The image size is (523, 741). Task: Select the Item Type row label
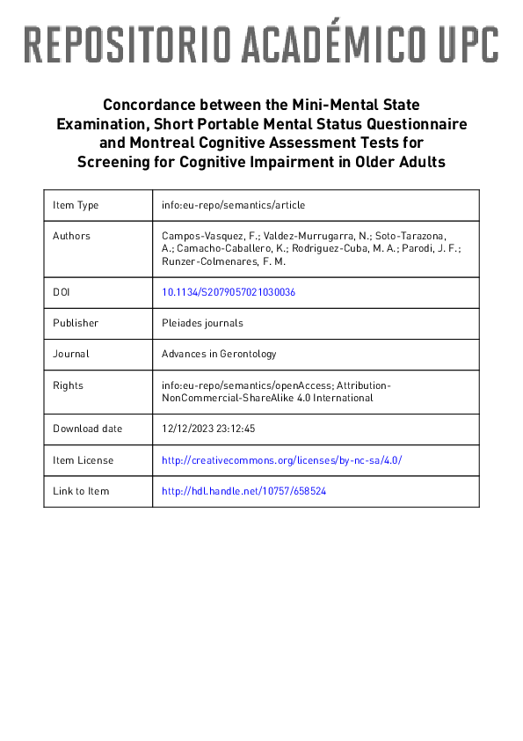click(76, 205)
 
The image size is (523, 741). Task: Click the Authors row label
click(71, 236)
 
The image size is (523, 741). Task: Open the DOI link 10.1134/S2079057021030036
click(229, 291)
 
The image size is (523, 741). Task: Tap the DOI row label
click(61, 291)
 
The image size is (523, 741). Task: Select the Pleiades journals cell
click(202, 323)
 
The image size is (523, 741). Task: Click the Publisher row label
click(76, 323)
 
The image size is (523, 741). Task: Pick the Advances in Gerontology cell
click(219, 354)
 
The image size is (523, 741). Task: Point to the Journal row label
click(71, 354)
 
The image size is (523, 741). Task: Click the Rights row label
click(68, 385)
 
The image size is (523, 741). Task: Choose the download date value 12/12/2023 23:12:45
click(208, 429)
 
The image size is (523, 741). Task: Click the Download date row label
click(87, 429)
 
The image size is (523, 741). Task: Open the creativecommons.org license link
click(281, 460)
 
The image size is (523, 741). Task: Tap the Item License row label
click(83, 460)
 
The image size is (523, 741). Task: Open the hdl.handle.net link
click(243, 491)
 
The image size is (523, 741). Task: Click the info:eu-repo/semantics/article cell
click(233, 205)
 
